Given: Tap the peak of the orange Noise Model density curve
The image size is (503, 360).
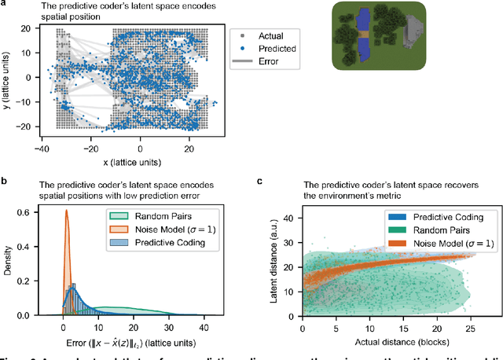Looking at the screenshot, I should pyautogui.click(x=66, y=211).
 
